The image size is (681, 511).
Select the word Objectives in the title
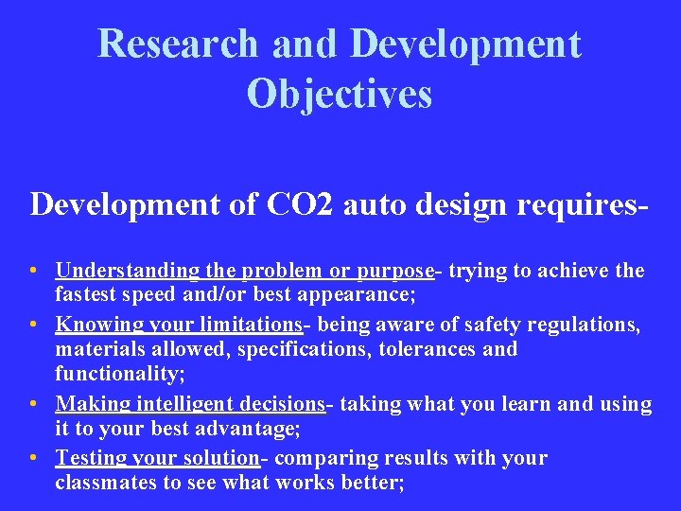click(x=340, y=93)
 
